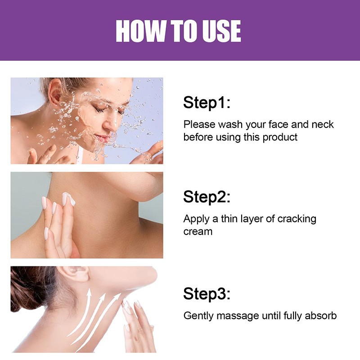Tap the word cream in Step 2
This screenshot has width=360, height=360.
(198, 232)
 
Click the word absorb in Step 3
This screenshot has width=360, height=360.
(320, 315)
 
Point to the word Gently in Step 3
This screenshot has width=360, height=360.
(198, 315)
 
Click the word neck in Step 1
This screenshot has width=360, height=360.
(323, 124)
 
